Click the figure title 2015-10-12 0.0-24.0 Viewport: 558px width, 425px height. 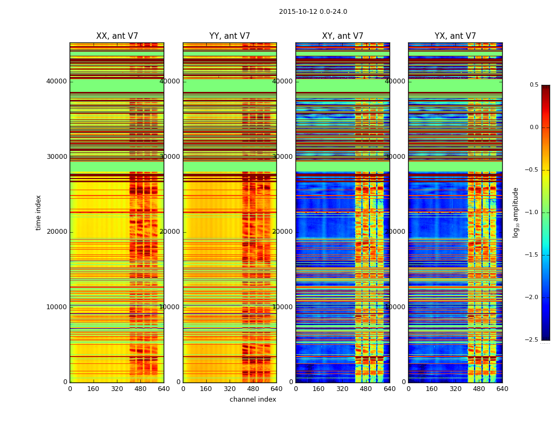[313, 12]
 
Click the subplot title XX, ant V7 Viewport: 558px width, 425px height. [117, 36]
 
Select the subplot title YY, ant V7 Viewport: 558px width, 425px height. [230, 36]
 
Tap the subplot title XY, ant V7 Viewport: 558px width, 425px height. [343, 36]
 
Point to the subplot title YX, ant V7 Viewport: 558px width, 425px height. [455, 36]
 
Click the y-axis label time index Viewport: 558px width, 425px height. [38, 212]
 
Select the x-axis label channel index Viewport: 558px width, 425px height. [253, 399]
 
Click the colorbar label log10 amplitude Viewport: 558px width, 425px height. [515, 212]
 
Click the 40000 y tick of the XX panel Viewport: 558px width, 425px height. [57, 81]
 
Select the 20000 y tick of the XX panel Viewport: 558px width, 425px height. [57, 232]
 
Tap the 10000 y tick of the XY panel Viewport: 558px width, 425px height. [283, 307]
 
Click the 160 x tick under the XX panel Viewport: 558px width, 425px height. [93, 388]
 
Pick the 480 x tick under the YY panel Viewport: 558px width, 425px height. [253, 388]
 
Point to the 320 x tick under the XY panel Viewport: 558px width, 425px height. [342, 388]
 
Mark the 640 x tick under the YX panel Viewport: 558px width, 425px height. [502, 388]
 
